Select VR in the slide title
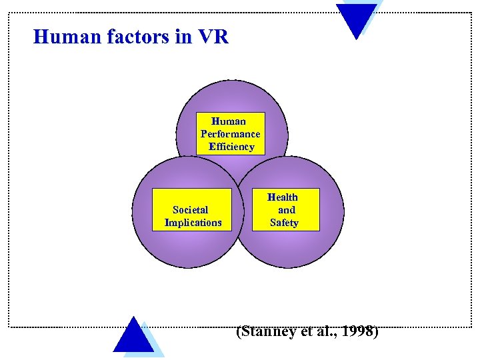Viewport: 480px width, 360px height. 213,37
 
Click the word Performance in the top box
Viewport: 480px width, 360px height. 231,134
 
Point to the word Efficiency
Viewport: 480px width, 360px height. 231,147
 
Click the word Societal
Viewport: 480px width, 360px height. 190,210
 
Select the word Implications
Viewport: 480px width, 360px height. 193,223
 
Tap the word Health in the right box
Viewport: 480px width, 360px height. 283,197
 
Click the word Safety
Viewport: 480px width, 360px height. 284,223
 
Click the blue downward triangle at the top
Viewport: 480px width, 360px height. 357,19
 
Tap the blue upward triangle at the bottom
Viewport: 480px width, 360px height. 133,337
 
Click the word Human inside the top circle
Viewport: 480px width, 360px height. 229,121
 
